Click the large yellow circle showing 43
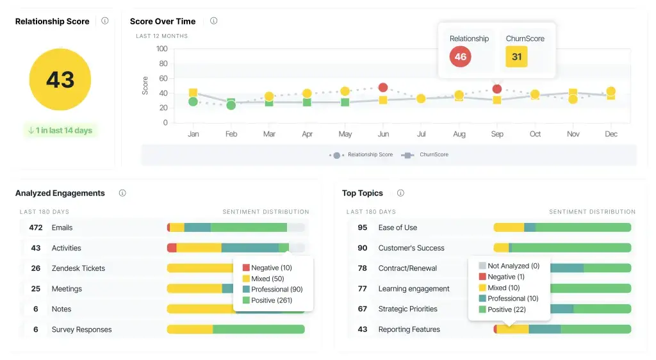click(x=60, y=79)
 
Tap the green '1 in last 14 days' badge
click(x=60, y=131)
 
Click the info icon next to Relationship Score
click(x=105, y=21)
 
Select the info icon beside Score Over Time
click(x=214, y=21)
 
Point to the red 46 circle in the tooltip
click(x=460, y=56)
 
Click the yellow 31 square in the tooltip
click(x=516, y=56)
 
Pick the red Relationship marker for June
click(x=383, y=88)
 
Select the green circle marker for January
click(x=193, y=102)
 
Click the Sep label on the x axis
click(x=497, y=134)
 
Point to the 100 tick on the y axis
click(x=161, y=49)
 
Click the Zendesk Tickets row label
click(x=78, y=268)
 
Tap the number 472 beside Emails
click(x=36, y=227)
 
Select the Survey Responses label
click(x=81, y=330)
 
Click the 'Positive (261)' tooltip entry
click(x=272, y=300)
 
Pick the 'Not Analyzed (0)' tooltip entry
click(x=512, y=266)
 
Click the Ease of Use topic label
click(x=397, y=227)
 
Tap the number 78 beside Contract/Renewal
click(x=363, y=268)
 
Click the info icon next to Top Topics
click(x=400, y=193)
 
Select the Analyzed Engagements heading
click(x=60, y=193)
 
